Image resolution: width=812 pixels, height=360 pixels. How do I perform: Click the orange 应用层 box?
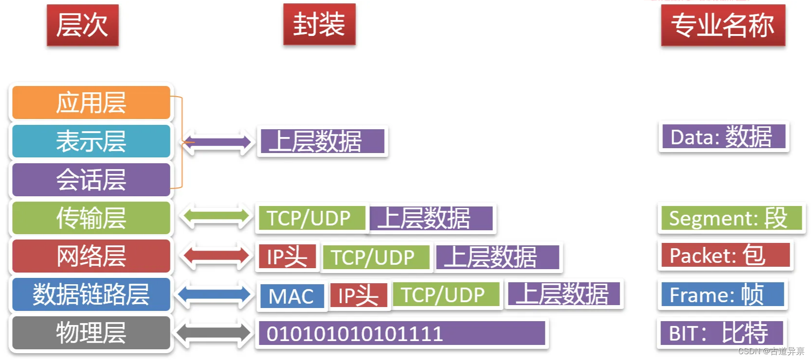91,103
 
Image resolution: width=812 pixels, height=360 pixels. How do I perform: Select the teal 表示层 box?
91,141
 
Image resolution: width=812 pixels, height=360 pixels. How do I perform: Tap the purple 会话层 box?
91,179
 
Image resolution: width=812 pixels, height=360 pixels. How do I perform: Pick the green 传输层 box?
91,218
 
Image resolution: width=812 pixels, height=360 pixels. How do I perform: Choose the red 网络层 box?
91,256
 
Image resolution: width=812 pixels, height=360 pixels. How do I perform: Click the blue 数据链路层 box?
91,294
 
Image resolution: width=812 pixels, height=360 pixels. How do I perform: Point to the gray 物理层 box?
91,333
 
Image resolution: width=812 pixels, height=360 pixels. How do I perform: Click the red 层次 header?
83,25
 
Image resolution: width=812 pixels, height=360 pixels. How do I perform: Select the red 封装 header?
319,24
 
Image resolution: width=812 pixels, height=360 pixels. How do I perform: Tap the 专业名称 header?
723,25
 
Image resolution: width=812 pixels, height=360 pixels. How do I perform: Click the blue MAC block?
291,296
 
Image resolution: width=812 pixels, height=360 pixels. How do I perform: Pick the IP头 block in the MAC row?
358,295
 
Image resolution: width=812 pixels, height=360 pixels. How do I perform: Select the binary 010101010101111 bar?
402,333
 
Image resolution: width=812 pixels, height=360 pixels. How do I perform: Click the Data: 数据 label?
723,137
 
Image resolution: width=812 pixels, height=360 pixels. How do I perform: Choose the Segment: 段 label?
730,218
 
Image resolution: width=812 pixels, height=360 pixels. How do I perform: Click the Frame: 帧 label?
722,294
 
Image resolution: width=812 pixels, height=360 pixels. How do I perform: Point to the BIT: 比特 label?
721,333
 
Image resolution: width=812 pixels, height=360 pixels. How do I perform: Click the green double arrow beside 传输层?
216,218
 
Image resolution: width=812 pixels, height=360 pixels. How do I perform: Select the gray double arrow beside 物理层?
214,333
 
